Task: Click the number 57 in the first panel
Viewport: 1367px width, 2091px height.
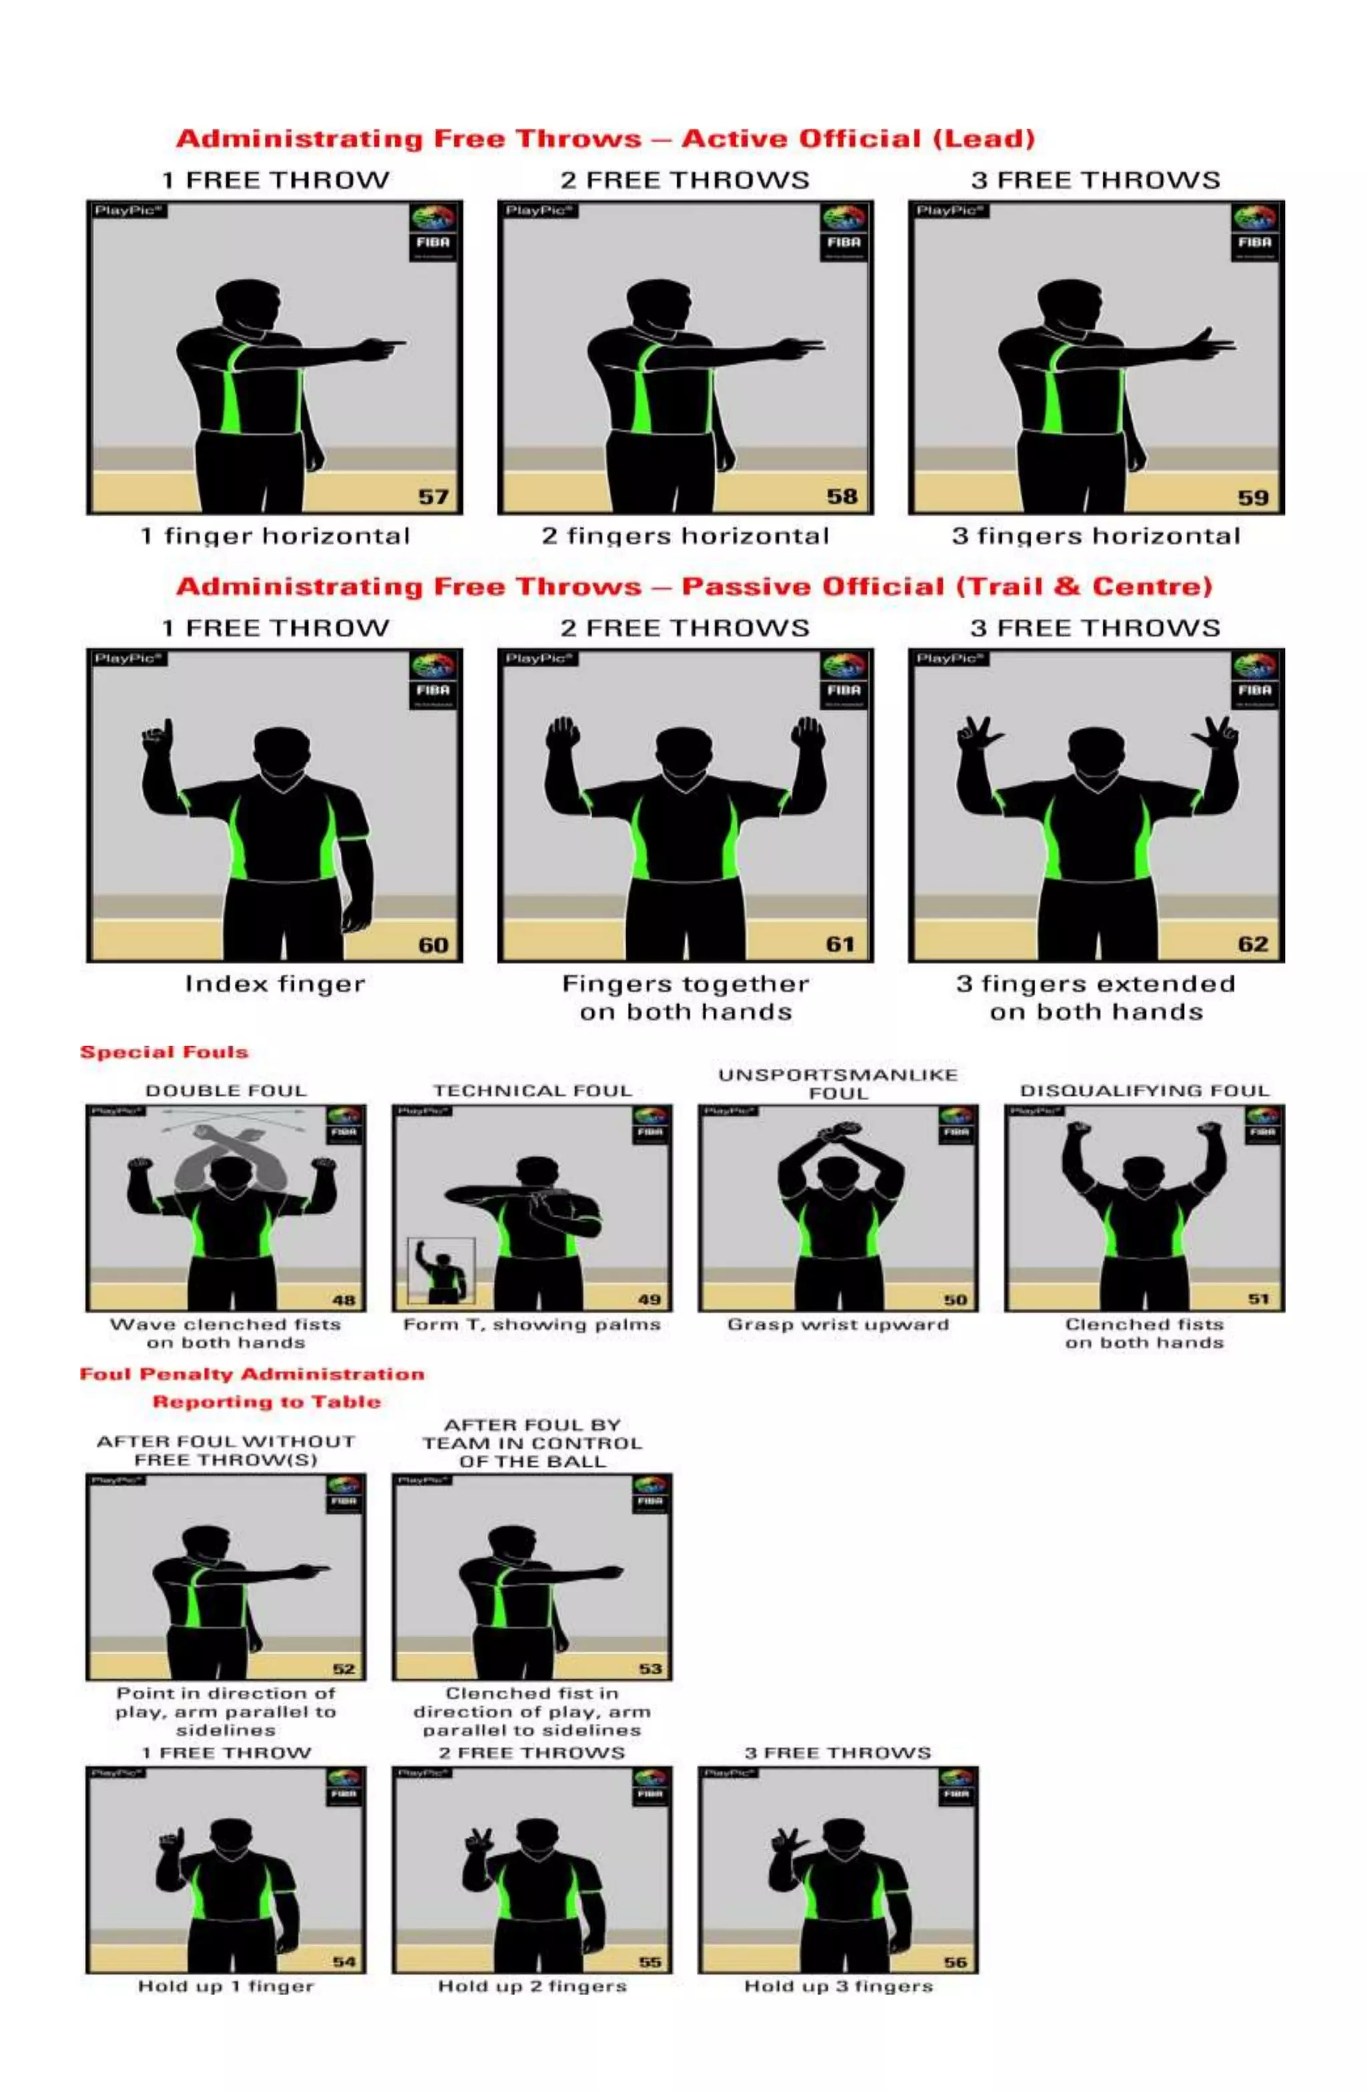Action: (433, 497)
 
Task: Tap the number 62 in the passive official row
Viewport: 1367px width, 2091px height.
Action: (1253, 945)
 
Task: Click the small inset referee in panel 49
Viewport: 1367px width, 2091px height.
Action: (441, 1271)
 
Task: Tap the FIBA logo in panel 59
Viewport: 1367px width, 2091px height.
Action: (1255, 233)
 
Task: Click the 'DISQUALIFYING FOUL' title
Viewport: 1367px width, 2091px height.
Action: (1144, 1090)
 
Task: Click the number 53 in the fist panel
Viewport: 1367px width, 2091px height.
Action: (650, 1668)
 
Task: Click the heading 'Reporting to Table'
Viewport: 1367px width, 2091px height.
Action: (266, 1402)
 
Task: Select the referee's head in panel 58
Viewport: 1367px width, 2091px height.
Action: (658, 304)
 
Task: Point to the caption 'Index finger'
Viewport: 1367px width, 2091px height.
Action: (274, 984)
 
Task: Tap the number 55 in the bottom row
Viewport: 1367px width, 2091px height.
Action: (650, 1962)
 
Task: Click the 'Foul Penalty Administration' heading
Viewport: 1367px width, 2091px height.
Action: (252, 1374)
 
